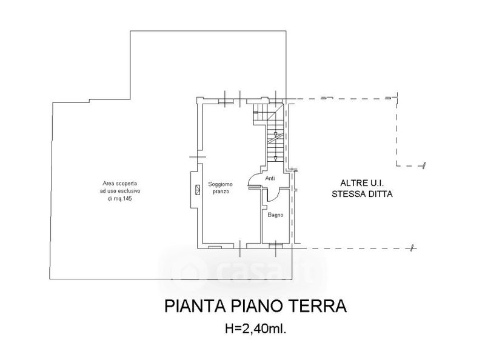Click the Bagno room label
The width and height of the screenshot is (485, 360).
(x=275, y=215)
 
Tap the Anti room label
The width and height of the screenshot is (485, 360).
(x=270, y=178)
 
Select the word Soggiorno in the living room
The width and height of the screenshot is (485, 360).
(x=220, y=184)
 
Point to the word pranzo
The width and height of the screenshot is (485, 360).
(x=221, y=192)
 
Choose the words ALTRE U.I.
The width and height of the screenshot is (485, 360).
(x=362, y=183)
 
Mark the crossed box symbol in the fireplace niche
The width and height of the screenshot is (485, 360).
(x=198, y=190)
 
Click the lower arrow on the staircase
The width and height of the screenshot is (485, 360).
(x=275, y=159)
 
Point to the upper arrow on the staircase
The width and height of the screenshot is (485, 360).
(x=275, y=134)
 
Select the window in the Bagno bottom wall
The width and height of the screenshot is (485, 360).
(x=276, y=246)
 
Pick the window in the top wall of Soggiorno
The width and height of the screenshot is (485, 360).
(x=226, y=101)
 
